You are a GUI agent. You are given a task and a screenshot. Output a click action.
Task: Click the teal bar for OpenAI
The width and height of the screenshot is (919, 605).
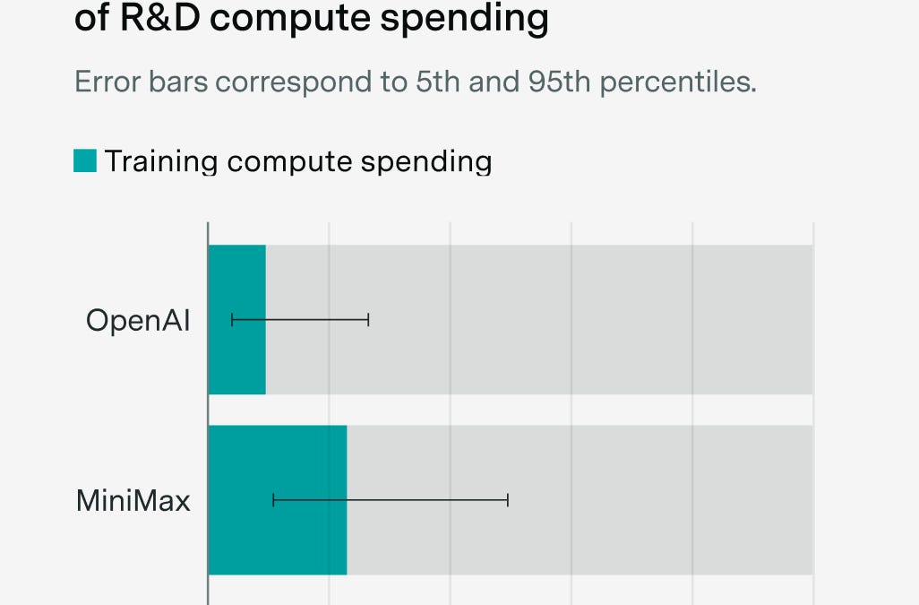(237, 278)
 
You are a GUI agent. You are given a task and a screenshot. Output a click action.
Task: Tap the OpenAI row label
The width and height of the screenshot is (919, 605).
(138, 320)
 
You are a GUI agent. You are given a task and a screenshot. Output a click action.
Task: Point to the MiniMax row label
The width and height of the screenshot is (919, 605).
(133, 500)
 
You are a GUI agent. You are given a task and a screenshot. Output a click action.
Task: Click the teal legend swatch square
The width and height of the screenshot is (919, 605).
(85, 161)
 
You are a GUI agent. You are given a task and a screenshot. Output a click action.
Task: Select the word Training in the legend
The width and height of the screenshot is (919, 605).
(161, 162)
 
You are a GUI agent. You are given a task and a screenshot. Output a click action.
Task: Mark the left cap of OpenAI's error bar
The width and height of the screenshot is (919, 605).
(233, 320)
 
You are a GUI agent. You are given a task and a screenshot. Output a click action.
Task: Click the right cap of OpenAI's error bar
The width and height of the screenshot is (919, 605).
(368, 320)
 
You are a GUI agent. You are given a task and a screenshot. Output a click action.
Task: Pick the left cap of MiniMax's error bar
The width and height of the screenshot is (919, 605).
(273, 500)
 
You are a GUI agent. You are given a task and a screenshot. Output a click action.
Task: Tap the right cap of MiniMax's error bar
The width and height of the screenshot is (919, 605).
(508, 500)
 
